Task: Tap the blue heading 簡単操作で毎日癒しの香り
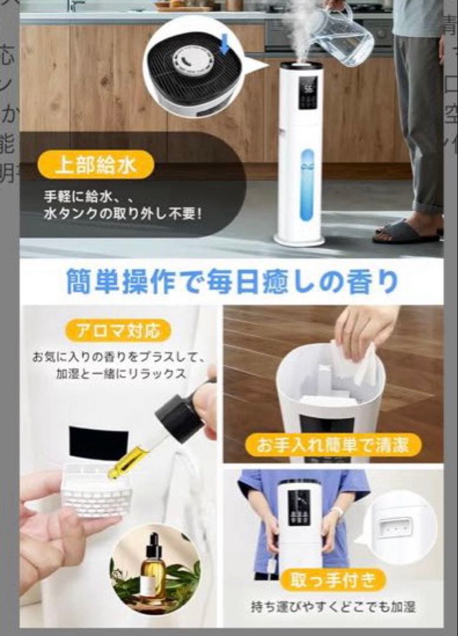[231, 281]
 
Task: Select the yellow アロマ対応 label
[120, 330]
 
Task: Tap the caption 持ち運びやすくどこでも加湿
[333, 607]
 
